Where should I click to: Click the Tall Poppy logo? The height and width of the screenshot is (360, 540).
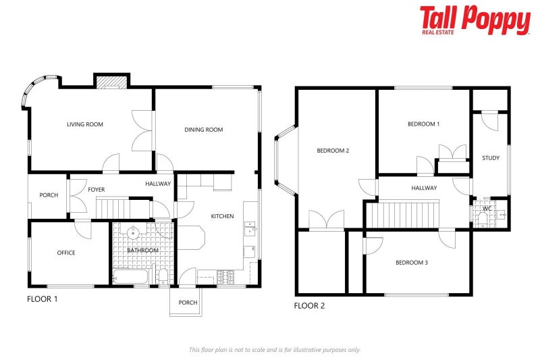(x=475, y=20)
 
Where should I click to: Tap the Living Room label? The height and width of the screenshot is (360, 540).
(x=84, y=124)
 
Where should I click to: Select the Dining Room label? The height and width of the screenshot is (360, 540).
(x=203, y=130)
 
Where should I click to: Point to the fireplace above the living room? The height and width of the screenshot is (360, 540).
(x=111, y=82)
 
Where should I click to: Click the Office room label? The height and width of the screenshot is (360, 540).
(x=66, y=253)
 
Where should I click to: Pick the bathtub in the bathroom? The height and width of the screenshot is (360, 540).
(x=134, y=276)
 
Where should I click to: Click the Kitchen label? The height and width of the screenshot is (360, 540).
(x=223, y=216)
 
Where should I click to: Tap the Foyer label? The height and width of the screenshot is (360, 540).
(x=97, y=190)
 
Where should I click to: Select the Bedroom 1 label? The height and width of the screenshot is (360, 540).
(x=423, y=124)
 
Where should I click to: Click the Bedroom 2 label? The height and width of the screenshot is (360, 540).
(x=333, y=151)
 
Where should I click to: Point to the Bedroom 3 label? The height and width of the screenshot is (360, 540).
(x=411, y=263)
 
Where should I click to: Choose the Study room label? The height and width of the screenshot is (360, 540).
(x=491, y=158)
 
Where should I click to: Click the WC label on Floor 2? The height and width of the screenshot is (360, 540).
(x=487, y=209)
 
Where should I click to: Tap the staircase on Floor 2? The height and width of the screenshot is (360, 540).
(x=403, y=215)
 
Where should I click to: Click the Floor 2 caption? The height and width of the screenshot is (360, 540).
(x=309, y=305)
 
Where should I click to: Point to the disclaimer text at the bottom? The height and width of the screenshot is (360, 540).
(x=274, y=349)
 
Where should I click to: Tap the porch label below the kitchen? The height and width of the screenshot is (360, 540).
(x=188, y=303)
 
